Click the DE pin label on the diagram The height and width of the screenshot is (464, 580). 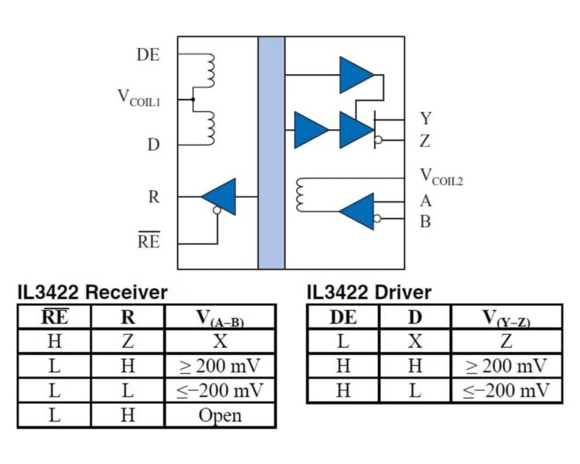pos(148,55)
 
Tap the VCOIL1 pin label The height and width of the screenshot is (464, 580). pos(139,98)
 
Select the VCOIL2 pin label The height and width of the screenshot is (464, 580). pos(442,176)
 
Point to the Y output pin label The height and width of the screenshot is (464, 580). pos(426,118)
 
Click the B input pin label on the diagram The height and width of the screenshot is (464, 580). pos(425,222)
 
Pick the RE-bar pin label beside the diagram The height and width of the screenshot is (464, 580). pos(149,240)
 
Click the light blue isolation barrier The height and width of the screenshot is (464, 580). pos(271,153)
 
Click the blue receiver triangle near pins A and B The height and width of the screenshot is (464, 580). pos(357,211)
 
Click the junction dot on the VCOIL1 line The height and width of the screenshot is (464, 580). pos(193,99)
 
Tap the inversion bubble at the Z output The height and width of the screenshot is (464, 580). pos(378,140)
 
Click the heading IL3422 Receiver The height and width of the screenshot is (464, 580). pos(93,292)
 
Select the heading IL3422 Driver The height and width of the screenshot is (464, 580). pos(369,292)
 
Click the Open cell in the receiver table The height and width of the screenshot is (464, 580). pos(220,415)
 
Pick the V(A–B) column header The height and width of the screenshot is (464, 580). pos(220,318)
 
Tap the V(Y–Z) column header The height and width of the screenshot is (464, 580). pos(507,318)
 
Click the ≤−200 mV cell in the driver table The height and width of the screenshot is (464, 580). pos(506,391)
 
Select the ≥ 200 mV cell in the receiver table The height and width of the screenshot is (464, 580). pos(220,366)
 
